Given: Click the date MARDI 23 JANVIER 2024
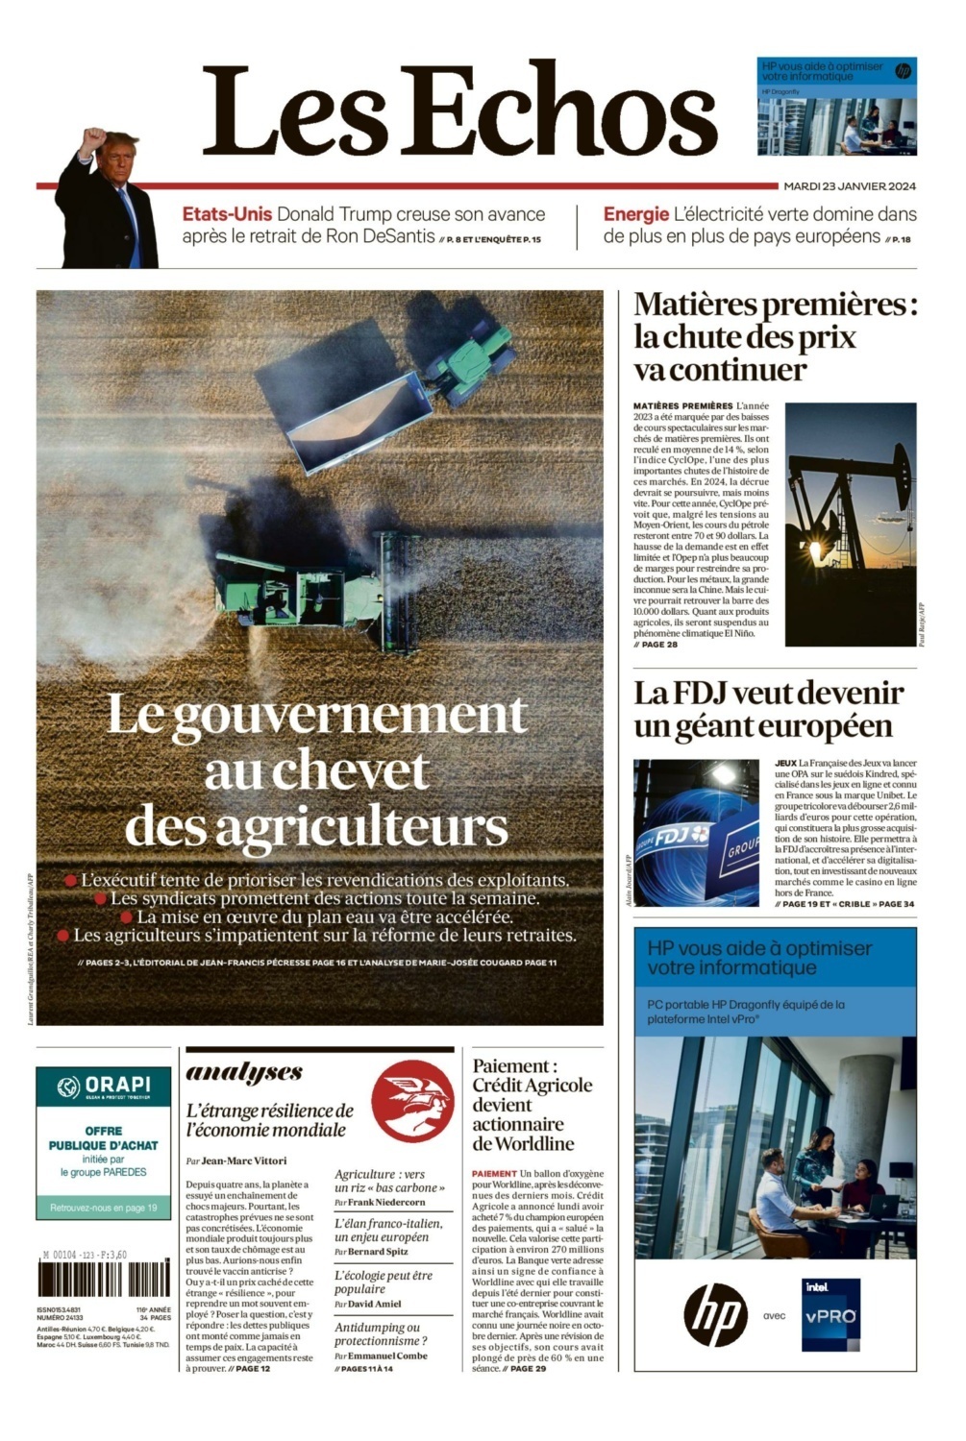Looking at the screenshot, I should click(850, 186).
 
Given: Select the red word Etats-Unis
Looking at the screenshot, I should click(227, 214).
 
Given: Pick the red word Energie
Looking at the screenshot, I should click(635, 214).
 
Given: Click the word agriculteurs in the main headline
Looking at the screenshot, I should click(316, 826).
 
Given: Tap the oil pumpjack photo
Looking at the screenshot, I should click(850, 524).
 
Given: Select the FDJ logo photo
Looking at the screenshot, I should click(696, 833).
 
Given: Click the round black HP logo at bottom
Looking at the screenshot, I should click(716, 1315).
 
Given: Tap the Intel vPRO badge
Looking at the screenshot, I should click(830, 1315).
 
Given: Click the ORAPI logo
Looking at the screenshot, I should click(104, 1087).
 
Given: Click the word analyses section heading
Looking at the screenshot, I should click(244, 1073).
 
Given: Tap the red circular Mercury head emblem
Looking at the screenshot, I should click(411, 1101).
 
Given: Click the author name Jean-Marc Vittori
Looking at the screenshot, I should click(243, 1160).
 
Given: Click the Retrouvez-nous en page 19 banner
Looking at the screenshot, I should click(104, 1208).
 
